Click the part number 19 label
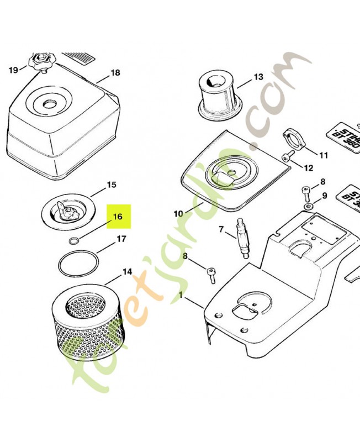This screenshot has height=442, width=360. (x=13, y=70)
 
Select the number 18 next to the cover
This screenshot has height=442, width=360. (x=115, y=73)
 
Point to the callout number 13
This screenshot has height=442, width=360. (x=259, y=77)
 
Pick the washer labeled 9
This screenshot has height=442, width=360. (x=306, y=207)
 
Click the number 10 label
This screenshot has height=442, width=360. (x=178, y=213)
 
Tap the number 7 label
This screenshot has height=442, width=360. (x=221, y=229)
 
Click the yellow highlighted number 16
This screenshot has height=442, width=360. (x=118, y=217)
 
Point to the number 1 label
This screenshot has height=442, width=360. (x=180, y=296)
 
